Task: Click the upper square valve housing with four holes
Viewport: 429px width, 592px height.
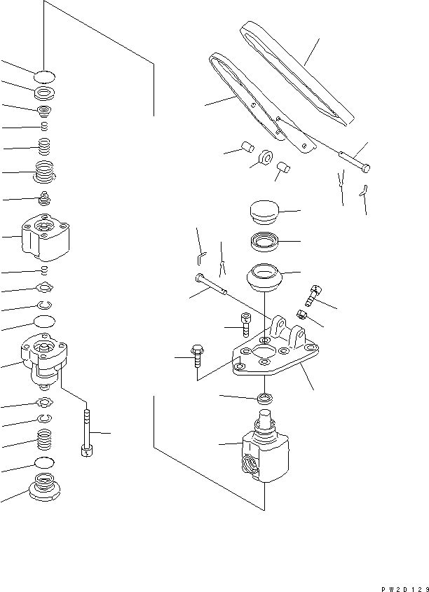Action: pos(45,237)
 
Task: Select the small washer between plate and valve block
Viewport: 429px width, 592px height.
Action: pos(265,399)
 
